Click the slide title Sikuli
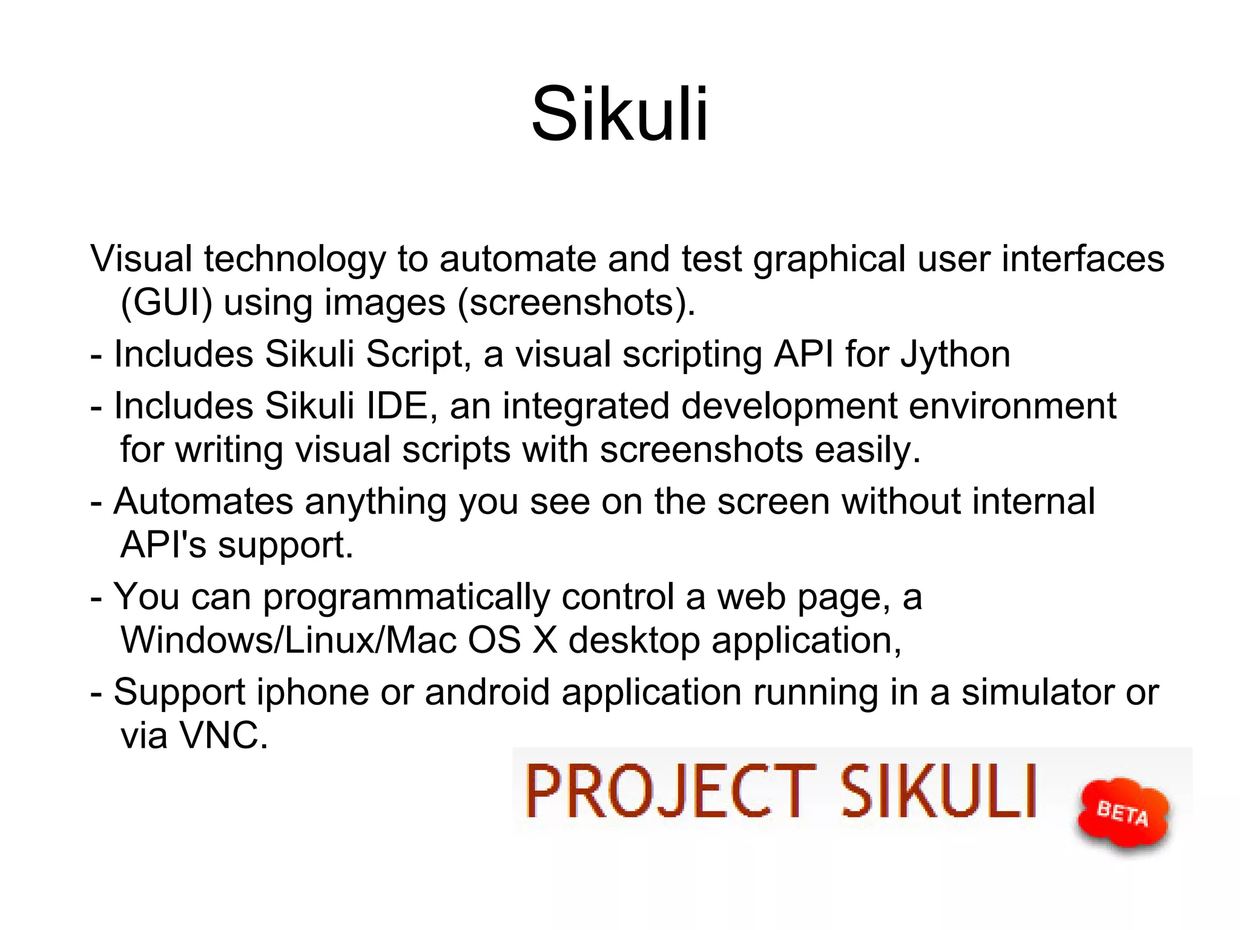coord(619,114)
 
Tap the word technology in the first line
coord(294,259)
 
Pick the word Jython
coord(955,354)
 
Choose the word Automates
coord(203,501)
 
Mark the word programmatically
coord(406,597)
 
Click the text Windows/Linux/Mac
coord(288,640)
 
